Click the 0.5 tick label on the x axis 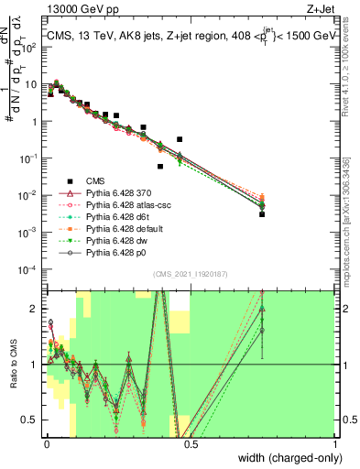(x=190, y=445)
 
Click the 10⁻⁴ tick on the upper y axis (x=28, y=269)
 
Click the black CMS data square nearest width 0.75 (x=262, y=213)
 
